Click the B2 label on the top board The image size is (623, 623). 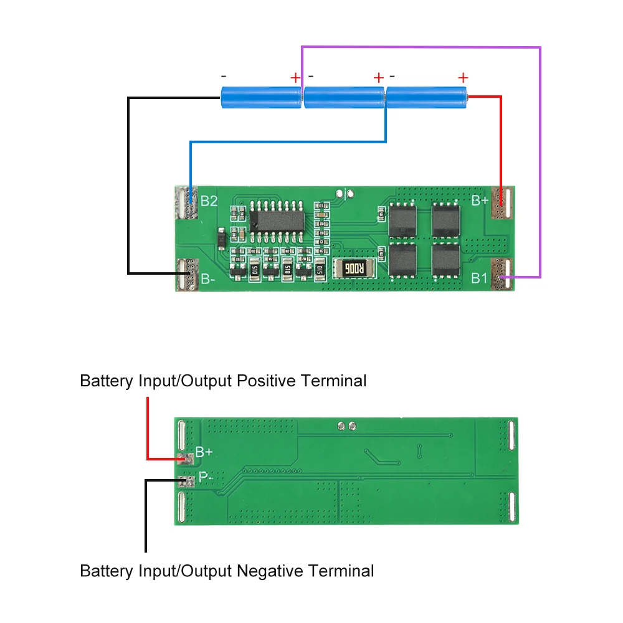coord(209,201)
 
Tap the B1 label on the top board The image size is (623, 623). coord(478,278)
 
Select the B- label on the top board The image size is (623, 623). coord(208,279)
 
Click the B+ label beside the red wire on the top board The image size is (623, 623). coord(480,201)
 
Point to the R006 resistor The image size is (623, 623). coord(354,269)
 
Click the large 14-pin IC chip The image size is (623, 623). coord(277,221)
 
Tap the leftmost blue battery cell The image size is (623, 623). coord(261,98)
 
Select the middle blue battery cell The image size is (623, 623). coord(344,98)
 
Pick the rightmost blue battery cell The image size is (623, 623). coord(427,98)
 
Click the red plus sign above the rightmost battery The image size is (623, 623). coord(463,77)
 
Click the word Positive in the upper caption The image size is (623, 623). coord(266,381)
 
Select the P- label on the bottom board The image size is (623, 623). coord(206,477)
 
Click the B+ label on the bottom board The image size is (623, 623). coord(204,452)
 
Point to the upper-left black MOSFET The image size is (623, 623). coord(402,220)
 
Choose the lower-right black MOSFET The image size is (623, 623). coord(446,260)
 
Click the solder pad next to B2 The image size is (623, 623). coord(186,202)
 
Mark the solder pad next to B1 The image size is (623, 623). coord(503,273)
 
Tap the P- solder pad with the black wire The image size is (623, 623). coord(186,481)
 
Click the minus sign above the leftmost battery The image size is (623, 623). coord(224,76)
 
